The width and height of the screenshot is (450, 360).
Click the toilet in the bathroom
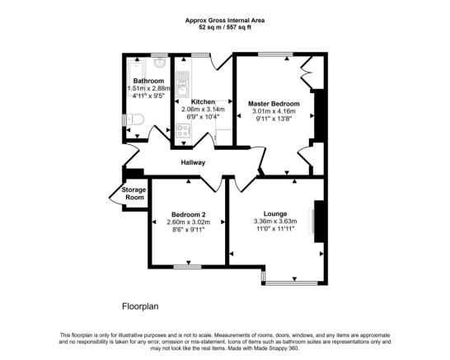tap(136, 122)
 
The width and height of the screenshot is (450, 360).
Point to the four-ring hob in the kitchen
tap(180, 132)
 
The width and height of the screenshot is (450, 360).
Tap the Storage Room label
tap(134, 194)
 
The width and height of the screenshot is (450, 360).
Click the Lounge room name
tap(275, 213)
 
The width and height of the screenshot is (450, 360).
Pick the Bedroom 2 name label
tap(188, 213)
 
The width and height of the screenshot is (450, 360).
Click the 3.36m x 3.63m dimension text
tap(275, 221)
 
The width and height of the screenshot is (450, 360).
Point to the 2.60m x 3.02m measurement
tap(188, 222)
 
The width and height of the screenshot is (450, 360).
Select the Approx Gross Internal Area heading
tap(224, 21)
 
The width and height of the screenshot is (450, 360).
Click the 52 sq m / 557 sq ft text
tap(224, 28)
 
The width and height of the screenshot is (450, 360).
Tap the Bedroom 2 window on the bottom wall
tap(187, 266)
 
